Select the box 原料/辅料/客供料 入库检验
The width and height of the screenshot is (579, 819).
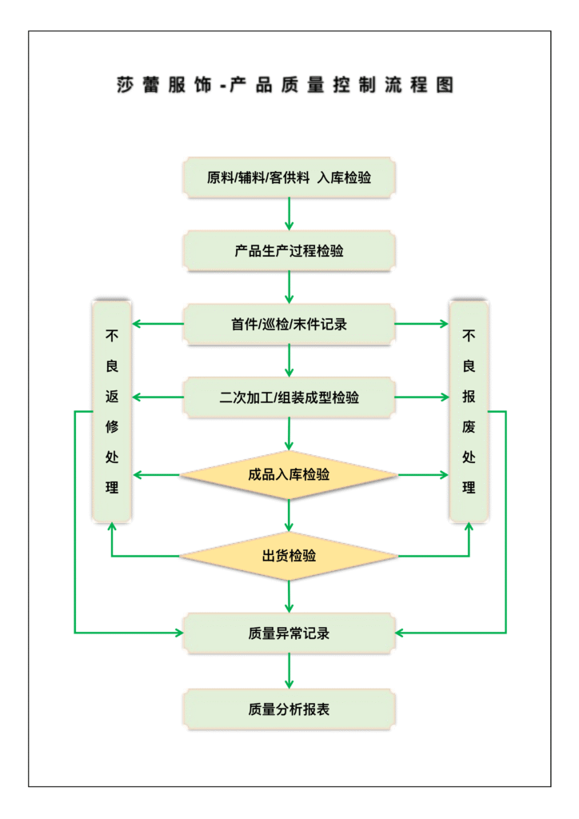pyautogui.click(x=289, y=178)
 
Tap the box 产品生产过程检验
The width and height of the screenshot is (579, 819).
pyautogui.click(x=289, y=251)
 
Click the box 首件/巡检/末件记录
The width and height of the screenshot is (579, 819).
pyautogui.click(x=289, y=324)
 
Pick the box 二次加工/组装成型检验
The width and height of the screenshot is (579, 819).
pyautogui.click(x=289, y=398)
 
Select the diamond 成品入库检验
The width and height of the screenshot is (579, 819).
pyautogui.click(x=289, y=475)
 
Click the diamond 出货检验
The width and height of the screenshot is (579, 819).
pyautogui.click(x=289, y=555)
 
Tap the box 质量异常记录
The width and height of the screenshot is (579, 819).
pyautogui.click(x=289, y=633)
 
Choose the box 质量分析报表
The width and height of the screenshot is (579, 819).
pyautogui.click(x=289, y=709)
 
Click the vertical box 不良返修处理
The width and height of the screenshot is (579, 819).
pyautogui.click(x=112, y=412)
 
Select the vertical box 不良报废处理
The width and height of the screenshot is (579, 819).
pyautogui.click(x=469, y=412)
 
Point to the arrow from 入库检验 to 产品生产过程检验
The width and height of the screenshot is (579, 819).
pyautogui.click(x=289, y=214)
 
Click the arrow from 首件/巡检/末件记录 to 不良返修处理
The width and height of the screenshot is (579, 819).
pyautogui.click(x=158, y=324)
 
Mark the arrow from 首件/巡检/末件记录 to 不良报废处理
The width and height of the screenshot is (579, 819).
pyautogui.click(x=421, y=324)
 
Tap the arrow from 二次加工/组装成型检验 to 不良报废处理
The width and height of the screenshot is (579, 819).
pyautogui.click(x=421, y=398)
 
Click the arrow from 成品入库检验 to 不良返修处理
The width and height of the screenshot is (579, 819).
pyautogui.click(x=157, y=475)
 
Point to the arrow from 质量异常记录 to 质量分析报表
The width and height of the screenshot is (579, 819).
pyautogui.click(x=289, y=671)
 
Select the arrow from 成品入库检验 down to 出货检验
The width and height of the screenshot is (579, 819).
pyautogui.click(x=289, y=515)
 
